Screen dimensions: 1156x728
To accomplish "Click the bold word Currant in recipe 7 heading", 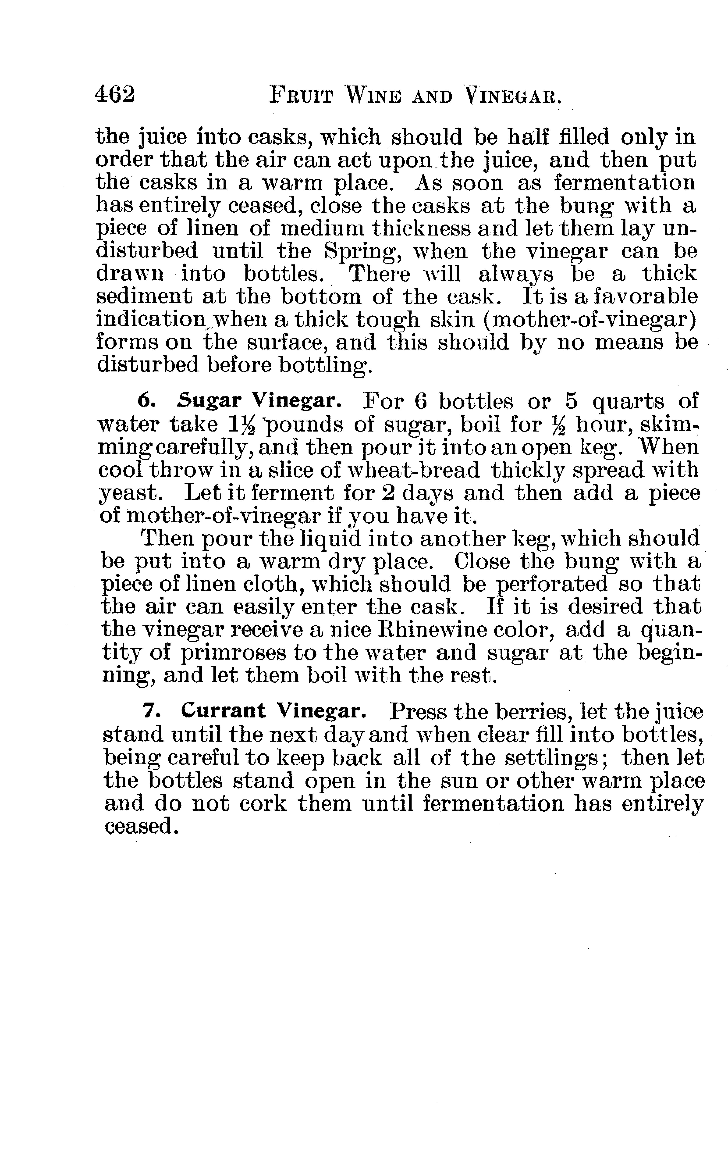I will (223, 710).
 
